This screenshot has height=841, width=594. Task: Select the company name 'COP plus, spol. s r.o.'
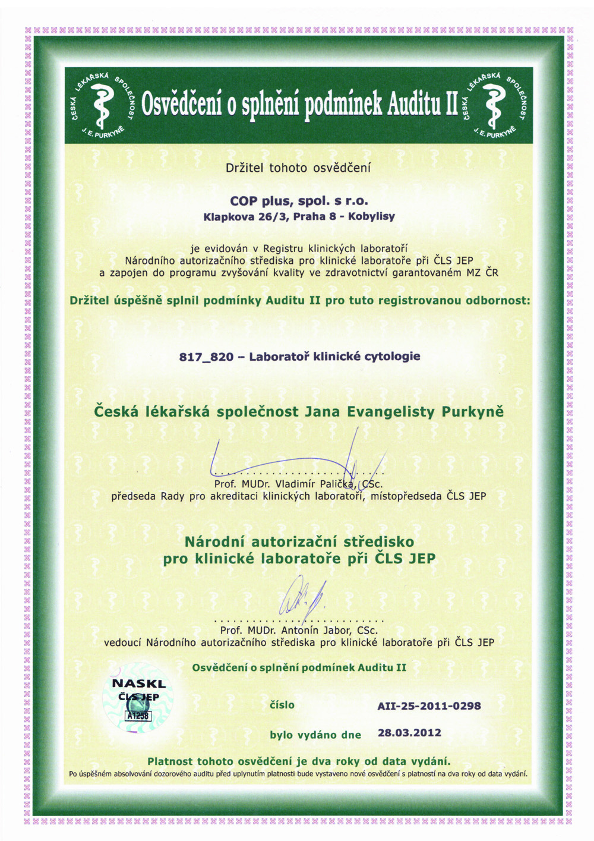pos(299,201)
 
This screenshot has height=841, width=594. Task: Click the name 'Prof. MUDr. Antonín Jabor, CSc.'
pos(299,630)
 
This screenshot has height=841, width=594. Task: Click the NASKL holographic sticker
pos(139,701)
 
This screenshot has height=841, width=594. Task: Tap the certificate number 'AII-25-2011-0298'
pos(429,706)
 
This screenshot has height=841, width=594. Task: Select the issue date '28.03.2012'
pos(409,733)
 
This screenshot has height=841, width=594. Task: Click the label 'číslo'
pos(282,705)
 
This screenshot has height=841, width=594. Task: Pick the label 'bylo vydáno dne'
pos(315,735)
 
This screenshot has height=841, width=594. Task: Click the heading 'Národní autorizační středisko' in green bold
pos(299,541)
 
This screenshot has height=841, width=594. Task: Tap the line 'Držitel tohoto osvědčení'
pos(298,168)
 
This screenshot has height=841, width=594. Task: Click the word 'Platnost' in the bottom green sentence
pos(170,761)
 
